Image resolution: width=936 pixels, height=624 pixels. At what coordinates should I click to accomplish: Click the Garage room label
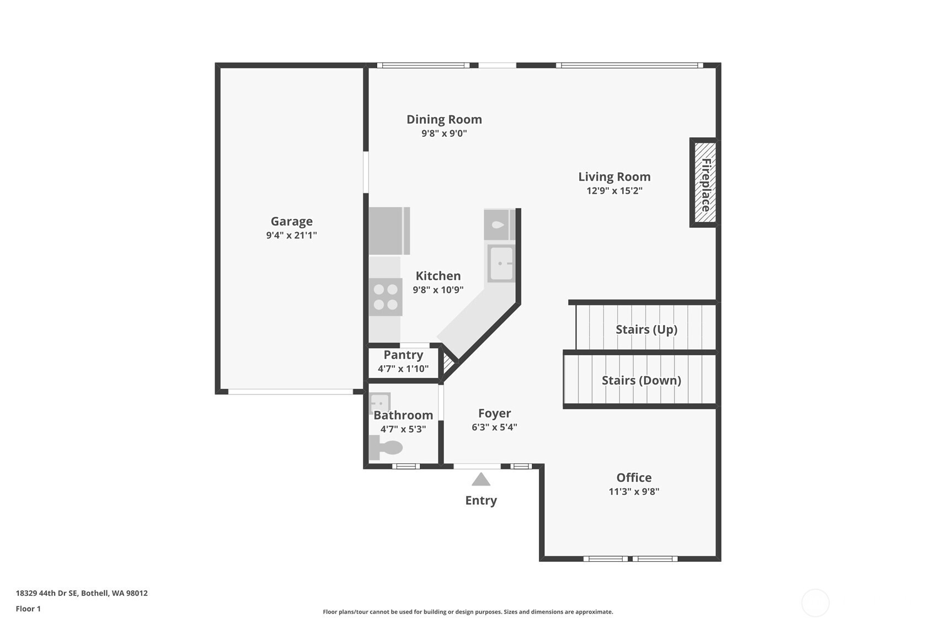pos(291,221)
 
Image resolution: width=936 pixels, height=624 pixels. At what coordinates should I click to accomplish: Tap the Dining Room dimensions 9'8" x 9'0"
pos(444,134)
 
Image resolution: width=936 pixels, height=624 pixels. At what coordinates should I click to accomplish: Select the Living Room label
pos(614,177)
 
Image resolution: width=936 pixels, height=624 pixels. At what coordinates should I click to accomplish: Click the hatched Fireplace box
pos(705,183)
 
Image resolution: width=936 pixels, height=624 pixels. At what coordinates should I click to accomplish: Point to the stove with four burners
pos(386,297)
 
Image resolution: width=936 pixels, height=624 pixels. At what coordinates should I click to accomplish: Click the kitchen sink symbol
pos(501,264)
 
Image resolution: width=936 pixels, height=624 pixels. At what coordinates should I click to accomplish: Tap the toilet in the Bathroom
pos(386,447)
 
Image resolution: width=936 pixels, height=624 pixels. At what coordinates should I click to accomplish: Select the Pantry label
pos(403,355)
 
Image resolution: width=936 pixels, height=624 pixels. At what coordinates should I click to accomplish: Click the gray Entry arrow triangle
pos(481,479)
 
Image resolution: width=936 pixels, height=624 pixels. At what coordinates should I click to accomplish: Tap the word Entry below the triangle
pos(481,500)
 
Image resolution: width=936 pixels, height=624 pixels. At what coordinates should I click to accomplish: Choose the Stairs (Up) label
pos(646,329)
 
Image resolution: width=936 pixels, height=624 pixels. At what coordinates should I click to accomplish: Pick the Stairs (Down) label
pos(641,380)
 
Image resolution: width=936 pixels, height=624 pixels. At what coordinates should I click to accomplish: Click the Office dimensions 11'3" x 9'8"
pos(634,492)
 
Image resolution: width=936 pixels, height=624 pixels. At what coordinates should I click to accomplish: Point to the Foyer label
pos(494,413)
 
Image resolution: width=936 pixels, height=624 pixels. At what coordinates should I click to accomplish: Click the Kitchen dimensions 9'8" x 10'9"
pos(438,290)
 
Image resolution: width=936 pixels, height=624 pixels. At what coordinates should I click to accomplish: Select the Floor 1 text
pos(28,609)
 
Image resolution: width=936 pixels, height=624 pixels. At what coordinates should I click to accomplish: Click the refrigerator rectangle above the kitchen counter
pos(389,231)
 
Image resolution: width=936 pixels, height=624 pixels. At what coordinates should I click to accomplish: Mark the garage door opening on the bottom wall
pos(290,392)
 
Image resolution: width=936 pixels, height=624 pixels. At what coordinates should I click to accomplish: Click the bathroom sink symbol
pos(379,403)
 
